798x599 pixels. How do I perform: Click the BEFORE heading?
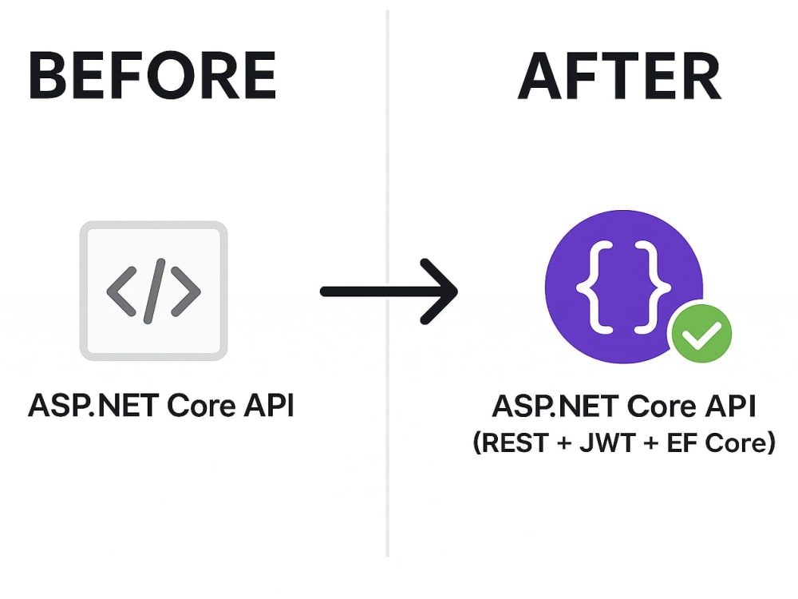pos(152,75)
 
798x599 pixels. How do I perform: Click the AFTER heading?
pos(619,76)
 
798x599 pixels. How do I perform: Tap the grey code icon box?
pos(154,291)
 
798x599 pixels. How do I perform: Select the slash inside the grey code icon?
pos(154,291)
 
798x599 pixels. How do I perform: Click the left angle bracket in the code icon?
pos(121,291)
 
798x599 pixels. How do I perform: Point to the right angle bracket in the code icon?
pos(186,291)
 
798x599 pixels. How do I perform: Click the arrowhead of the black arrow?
pos(440,292)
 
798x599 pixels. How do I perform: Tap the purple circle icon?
pos(623,286)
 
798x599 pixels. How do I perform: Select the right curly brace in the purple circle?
pos(654,288)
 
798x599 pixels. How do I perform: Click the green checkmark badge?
pos(701,334)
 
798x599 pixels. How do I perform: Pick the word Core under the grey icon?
pos(201,406)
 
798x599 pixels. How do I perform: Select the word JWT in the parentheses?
pos(607,442)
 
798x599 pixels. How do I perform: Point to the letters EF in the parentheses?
pos(682,442)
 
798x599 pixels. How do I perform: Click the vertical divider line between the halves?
pos(388,284)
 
